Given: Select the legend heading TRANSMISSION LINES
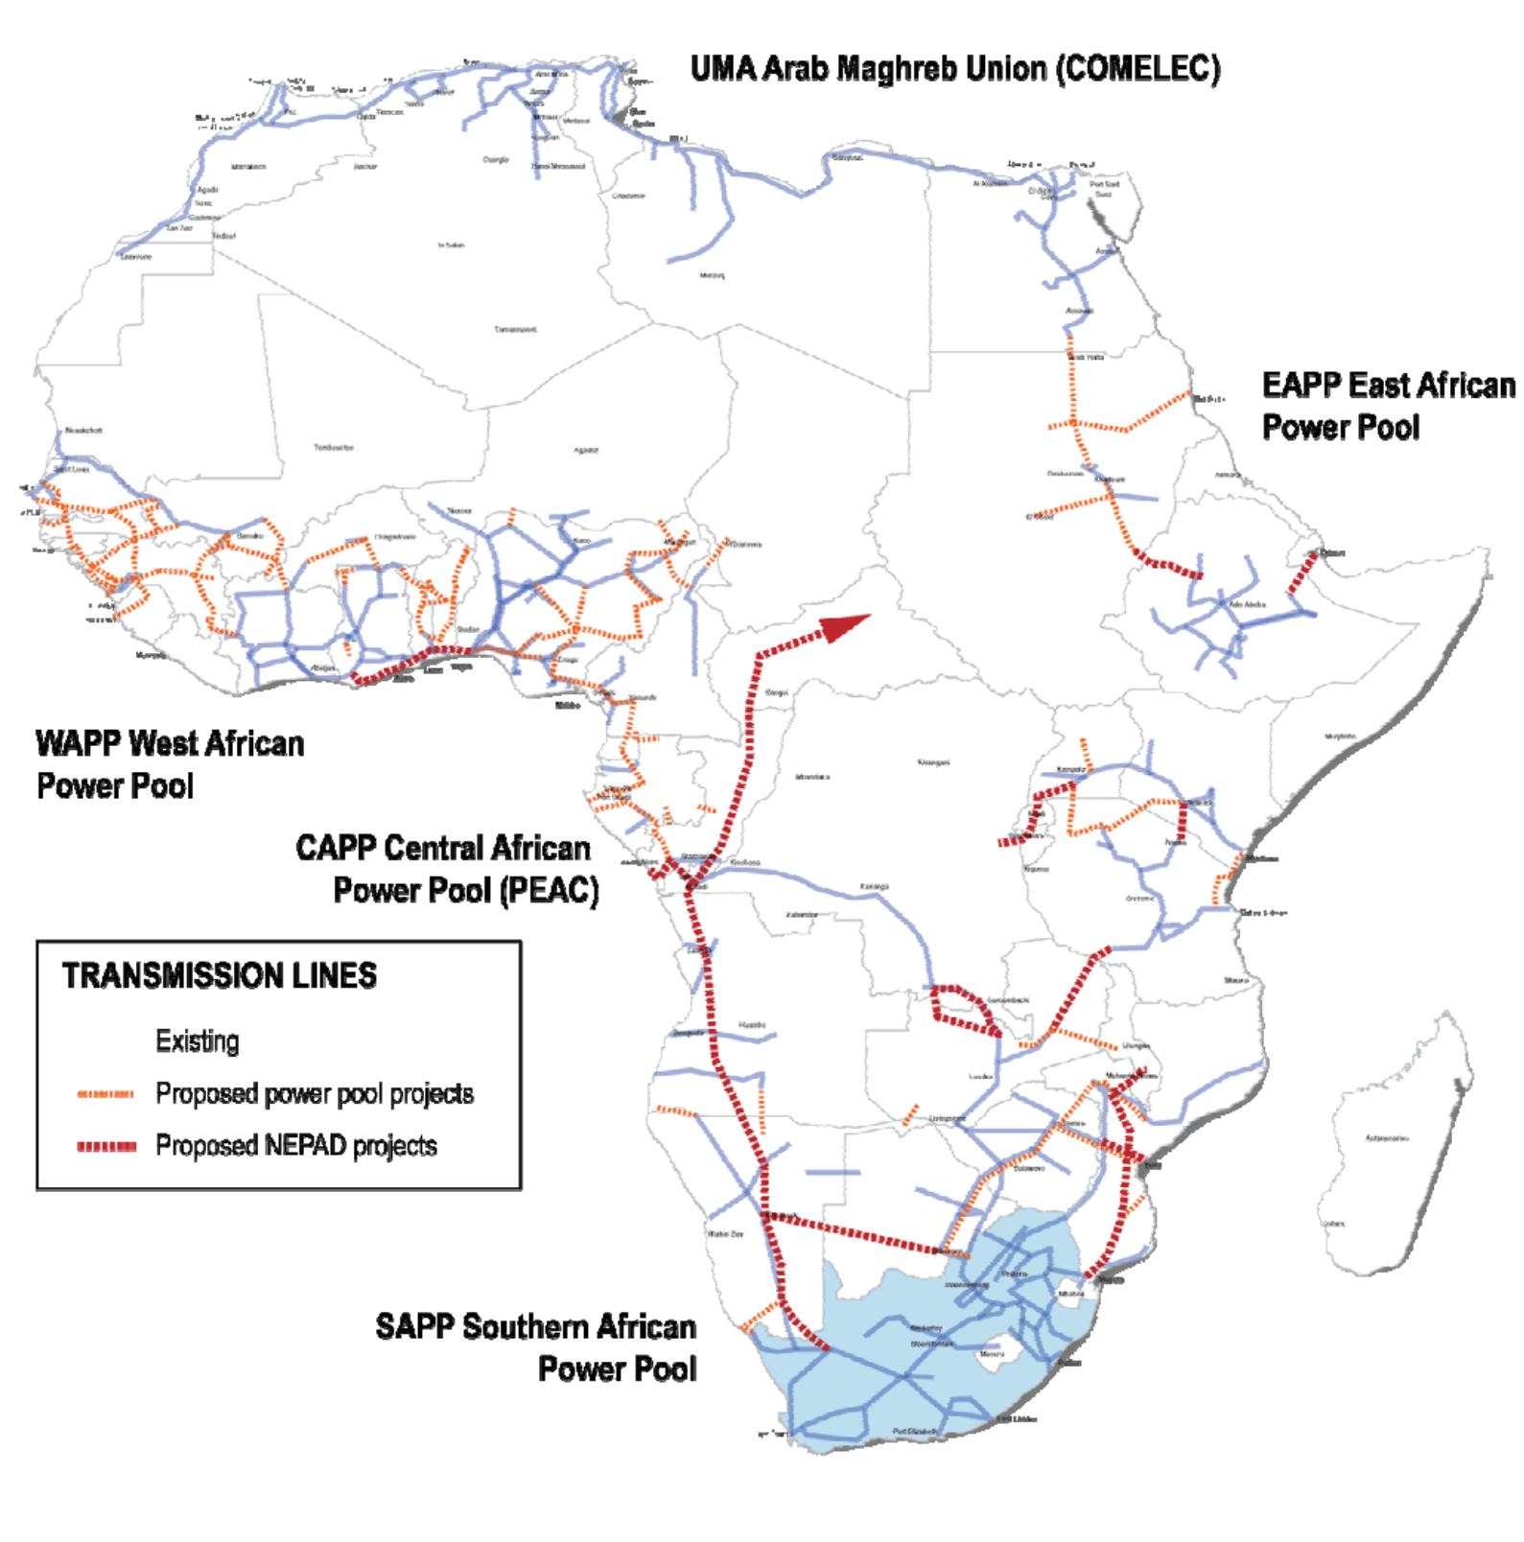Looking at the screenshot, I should [220, 976].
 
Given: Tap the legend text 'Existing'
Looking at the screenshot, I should [198, 1041].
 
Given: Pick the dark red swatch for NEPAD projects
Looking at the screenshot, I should [106, 1146].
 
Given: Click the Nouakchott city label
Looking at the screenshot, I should [83, 431].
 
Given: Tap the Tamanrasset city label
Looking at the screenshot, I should [515, 329].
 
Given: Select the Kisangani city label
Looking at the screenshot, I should [933, 762].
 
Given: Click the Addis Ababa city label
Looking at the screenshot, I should [1248, 604].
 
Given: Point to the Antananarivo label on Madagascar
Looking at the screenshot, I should [1387, 1138].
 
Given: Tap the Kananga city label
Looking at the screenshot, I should [874, 886].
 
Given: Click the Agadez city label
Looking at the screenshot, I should [586, 450].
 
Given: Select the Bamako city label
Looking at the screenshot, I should [250, 535].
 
